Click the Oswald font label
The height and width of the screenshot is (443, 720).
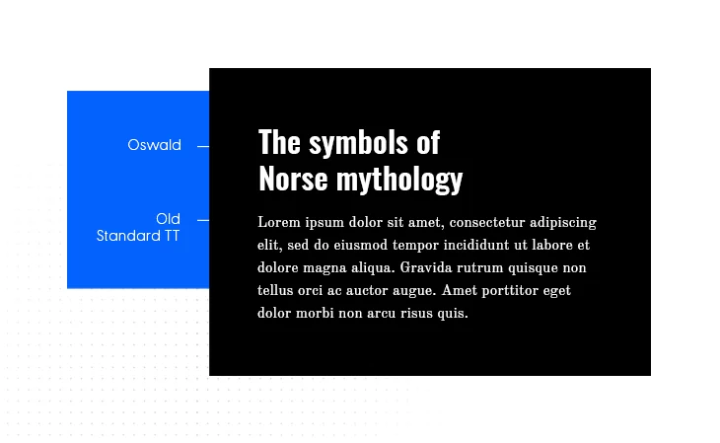tap(154, 145)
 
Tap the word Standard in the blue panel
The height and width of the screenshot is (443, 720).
tap(128, 236)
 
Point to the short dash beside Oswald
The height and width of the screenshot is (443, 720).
tap(203, 147)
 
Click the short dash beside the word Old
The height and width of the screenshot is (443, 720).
tap(203, 221)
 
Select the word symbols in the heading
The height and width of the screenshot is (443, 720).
tap(358, 142)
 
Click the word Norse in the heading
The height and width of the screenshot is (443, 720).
tap(293, 179)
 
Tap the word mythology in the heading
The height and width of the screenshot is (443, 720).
tap(399, 181)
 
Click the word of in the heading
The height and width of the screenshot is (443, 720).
tap(428, 142)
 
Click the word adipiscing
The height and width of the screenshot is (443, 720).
tap(563, 224)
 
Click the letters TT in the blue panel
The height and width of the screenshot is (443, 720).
tap(172, 236)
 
